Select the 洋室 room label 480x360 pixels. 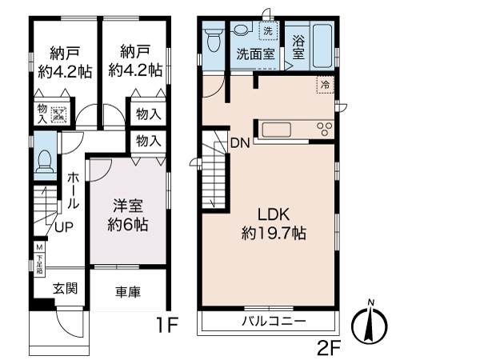click(126, 203)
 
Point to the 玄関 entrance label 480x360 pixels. click(65, 288)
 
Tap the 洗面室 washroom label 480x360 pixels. click(255, 54)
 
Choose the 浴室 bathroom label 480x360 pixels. click(298, 47)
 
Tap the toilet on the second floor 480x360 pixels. click(212, 38)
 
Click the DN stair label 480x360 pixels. click(240, 144)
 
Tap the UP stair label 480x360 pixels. click(64, 227)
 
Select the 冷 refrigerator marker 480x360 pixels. click(326, 83)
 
